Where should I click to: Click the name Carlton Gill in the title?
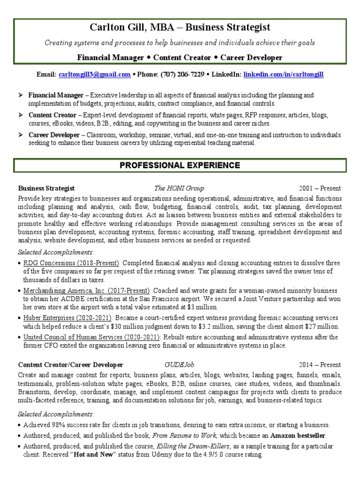117,28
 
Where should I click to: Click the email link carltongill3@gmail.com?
95,75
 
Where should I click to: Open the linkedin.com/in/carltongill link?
284,75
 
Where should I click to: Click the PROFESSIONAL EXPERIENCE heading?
180,165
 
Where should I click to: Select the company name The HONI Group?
179,188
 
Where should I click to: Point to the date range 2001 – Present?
320,188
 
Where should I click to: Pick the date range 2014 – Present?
320,365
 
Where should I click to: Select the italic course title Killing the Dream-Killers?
195,446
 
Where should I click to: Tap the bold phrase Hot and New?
94,455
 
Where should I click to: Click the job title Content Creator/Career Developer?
71,365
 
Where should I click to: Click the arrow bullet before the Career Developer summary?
21,135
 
